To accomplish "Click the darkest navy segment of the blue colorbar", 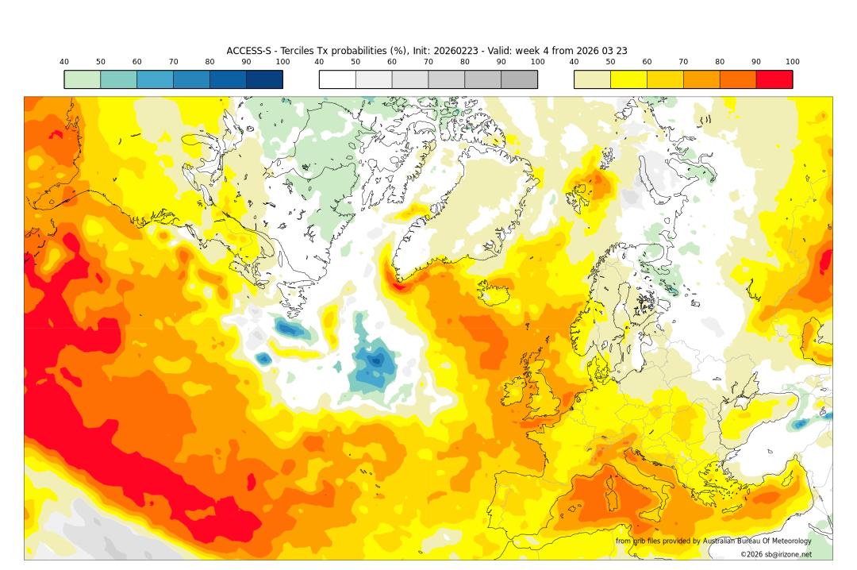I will [x=264, y=79].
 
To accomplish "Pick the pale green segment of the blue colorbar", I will [x=83, y=79].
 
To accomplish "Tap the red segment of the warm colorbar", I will [x=774, y=79].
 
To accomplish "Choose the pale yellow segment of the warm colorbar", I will [x=592, y=79].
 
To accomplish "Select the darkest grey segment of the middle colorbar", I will [x=519, y=79].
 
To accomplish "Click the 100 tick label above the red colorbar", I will [x=792, y=62].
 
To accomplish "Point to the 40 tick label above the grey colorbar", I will [x=319, y=62].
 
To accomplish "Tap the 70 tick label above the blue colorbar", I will [x=173, y=62].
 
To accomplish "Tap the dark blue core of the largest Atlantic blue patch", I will [x=375, y=361].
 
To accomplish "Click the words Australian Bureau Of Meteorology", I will [x=757, y=541].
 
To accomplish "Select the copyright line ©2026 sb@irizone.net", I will [x=776, y=554].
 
